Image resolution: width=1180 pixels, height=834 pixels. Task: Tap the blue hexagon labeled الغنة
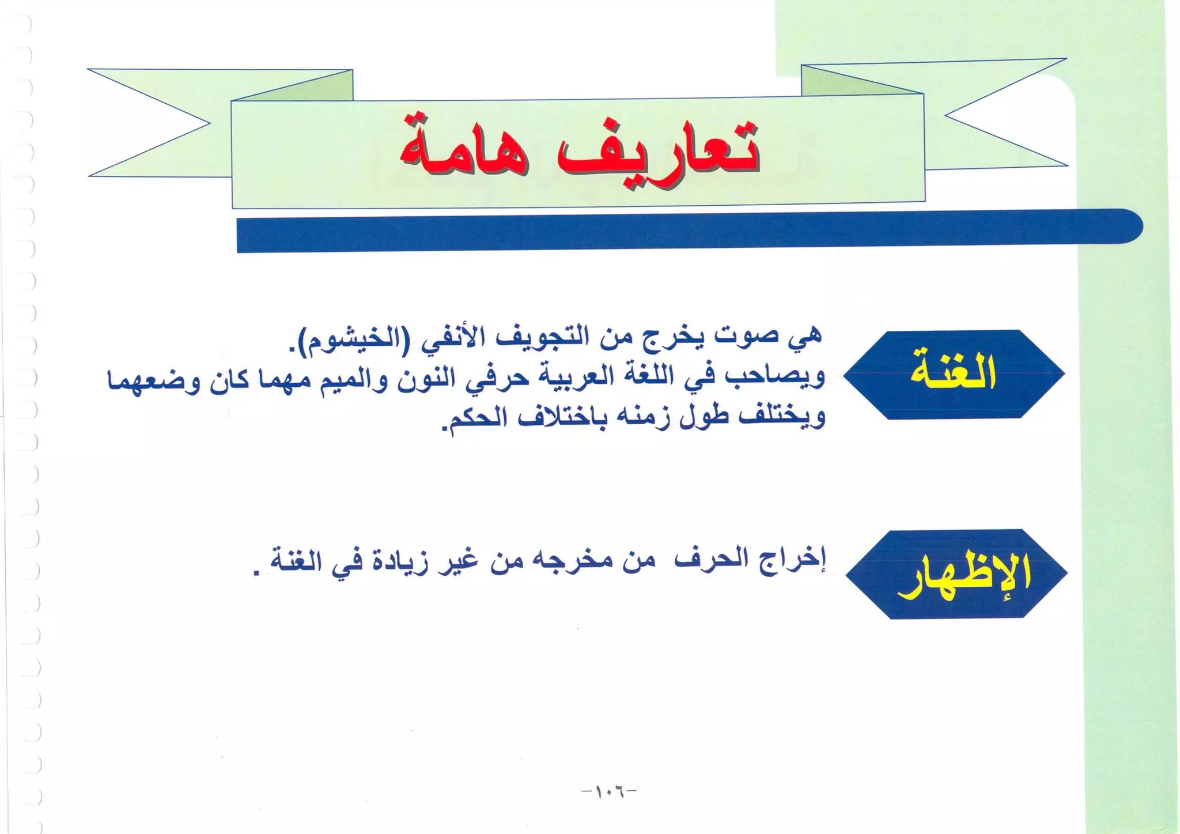click(954, 374)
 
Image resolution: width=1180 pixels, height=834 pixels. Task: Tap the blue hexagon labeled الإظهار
click(956, 574)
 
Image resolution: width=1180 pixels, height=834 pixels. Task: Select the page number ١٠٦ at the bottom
click(609, 791)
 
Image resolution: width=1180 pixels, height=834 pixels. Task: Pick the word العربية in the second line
click(562, 378)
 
